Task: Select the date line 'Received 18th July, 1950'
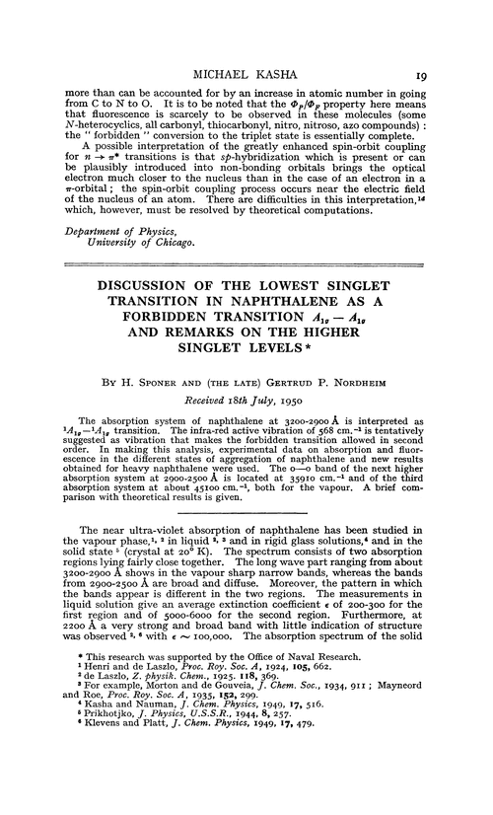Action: [250, 421]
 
